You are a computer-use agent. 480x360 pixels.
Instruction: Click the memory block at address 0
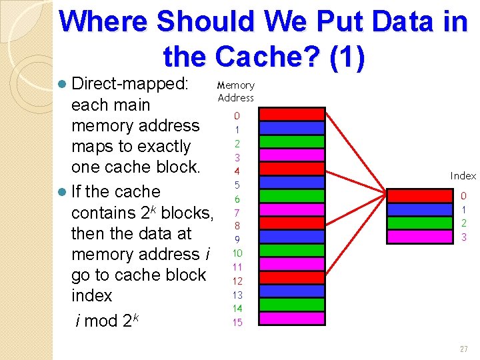[x=291, y=115]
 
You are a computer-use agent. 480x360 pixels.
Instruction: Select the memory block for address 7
[x=291, y=210]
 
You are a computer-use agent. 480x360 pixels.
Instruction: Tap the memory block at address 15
[x=291, y=319]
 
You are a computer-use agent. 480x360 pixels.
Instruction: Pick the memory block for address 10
[x=291, y=251]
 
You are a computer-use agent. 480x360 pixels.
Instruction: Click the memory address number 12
[x=237, y=281]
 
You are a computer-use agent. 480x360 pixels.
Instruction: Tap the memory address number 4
[x=237, y=171]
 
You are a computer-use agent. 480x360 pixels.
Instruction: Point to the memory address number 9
[x=237, y=239]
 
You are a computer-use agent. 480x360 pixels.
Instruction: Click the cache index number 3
[x=464, y=237]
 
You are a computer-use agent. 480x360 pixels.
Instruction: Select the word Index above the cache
[x=463, y=176]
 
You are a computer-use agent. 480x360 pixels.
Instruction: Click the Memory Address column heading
[x=236, y=91]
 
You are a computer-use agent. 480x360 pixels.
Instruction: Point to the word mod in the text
[x=101, y=321]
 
